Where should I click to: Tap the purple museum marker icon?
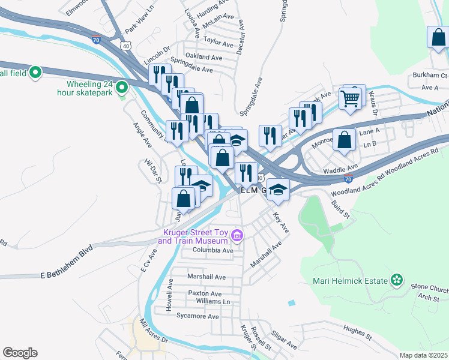[x=238, y=235]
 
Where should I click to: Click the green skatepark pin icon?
[x=122, y=88]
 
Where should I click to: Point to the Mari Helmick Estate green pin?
[x=396, y=280]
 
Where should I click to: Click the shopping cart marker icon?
[x=350, y=97]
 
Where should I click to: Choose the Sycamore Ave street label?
[x=197, y=316]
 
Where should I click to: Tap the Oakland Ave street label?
[x=204, y=57]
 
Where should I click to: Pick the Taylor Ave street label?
[x=218, y=44]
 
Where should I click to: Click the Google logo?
[x=20, y=353]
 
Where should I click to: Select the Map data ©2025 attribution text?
[x=423, y=355]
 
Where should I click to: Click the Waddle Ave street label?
[x=340, y=170]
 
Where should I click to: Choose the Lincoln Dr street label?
[x=157, y=52]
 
